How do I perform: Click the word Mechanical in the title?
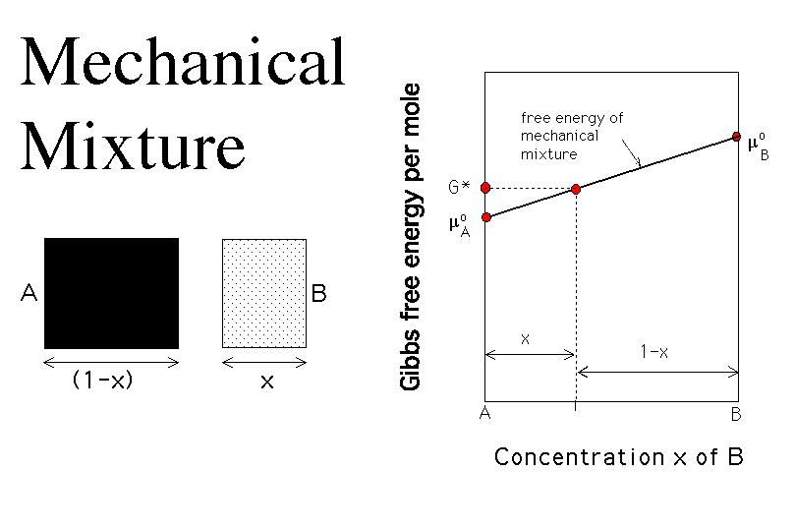[x=183, y=61]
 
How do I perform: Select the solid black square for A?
[x=112, y=293]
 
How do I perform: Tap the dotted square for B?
[x=264, y=293]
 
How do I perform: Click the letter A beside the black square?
[x=28, y=293]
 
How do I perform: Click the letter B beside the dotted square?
[x=319, y=293]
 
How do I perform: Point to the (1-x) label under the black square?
[x=103, y=379]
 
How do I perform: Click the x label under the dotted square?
[x=267, y=382]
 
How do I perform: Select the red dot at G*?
[x=485, y=188]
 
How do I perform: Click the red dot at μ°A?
[x=486, y=217]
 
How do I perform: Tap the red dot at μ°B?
[x=737, y=137]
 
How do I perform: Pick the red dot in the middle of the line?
[x=576, y=189]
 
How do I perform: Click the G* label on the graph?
[x=459, y=187]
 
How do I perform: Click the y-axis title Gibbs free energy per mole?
[x=410, y=237]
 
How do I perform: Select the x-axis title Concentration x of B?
[x=618, y=456]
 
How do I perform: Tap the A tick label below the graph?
[x=484, y=413]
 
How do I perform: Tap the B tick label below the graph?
[x=736, y=414]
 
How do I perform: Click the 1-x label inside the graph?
[x=654, y=351]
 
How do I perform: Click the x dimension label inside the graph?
[x=526, y=339]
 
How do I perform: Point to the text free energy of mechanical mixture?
[x=571, y=136]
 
